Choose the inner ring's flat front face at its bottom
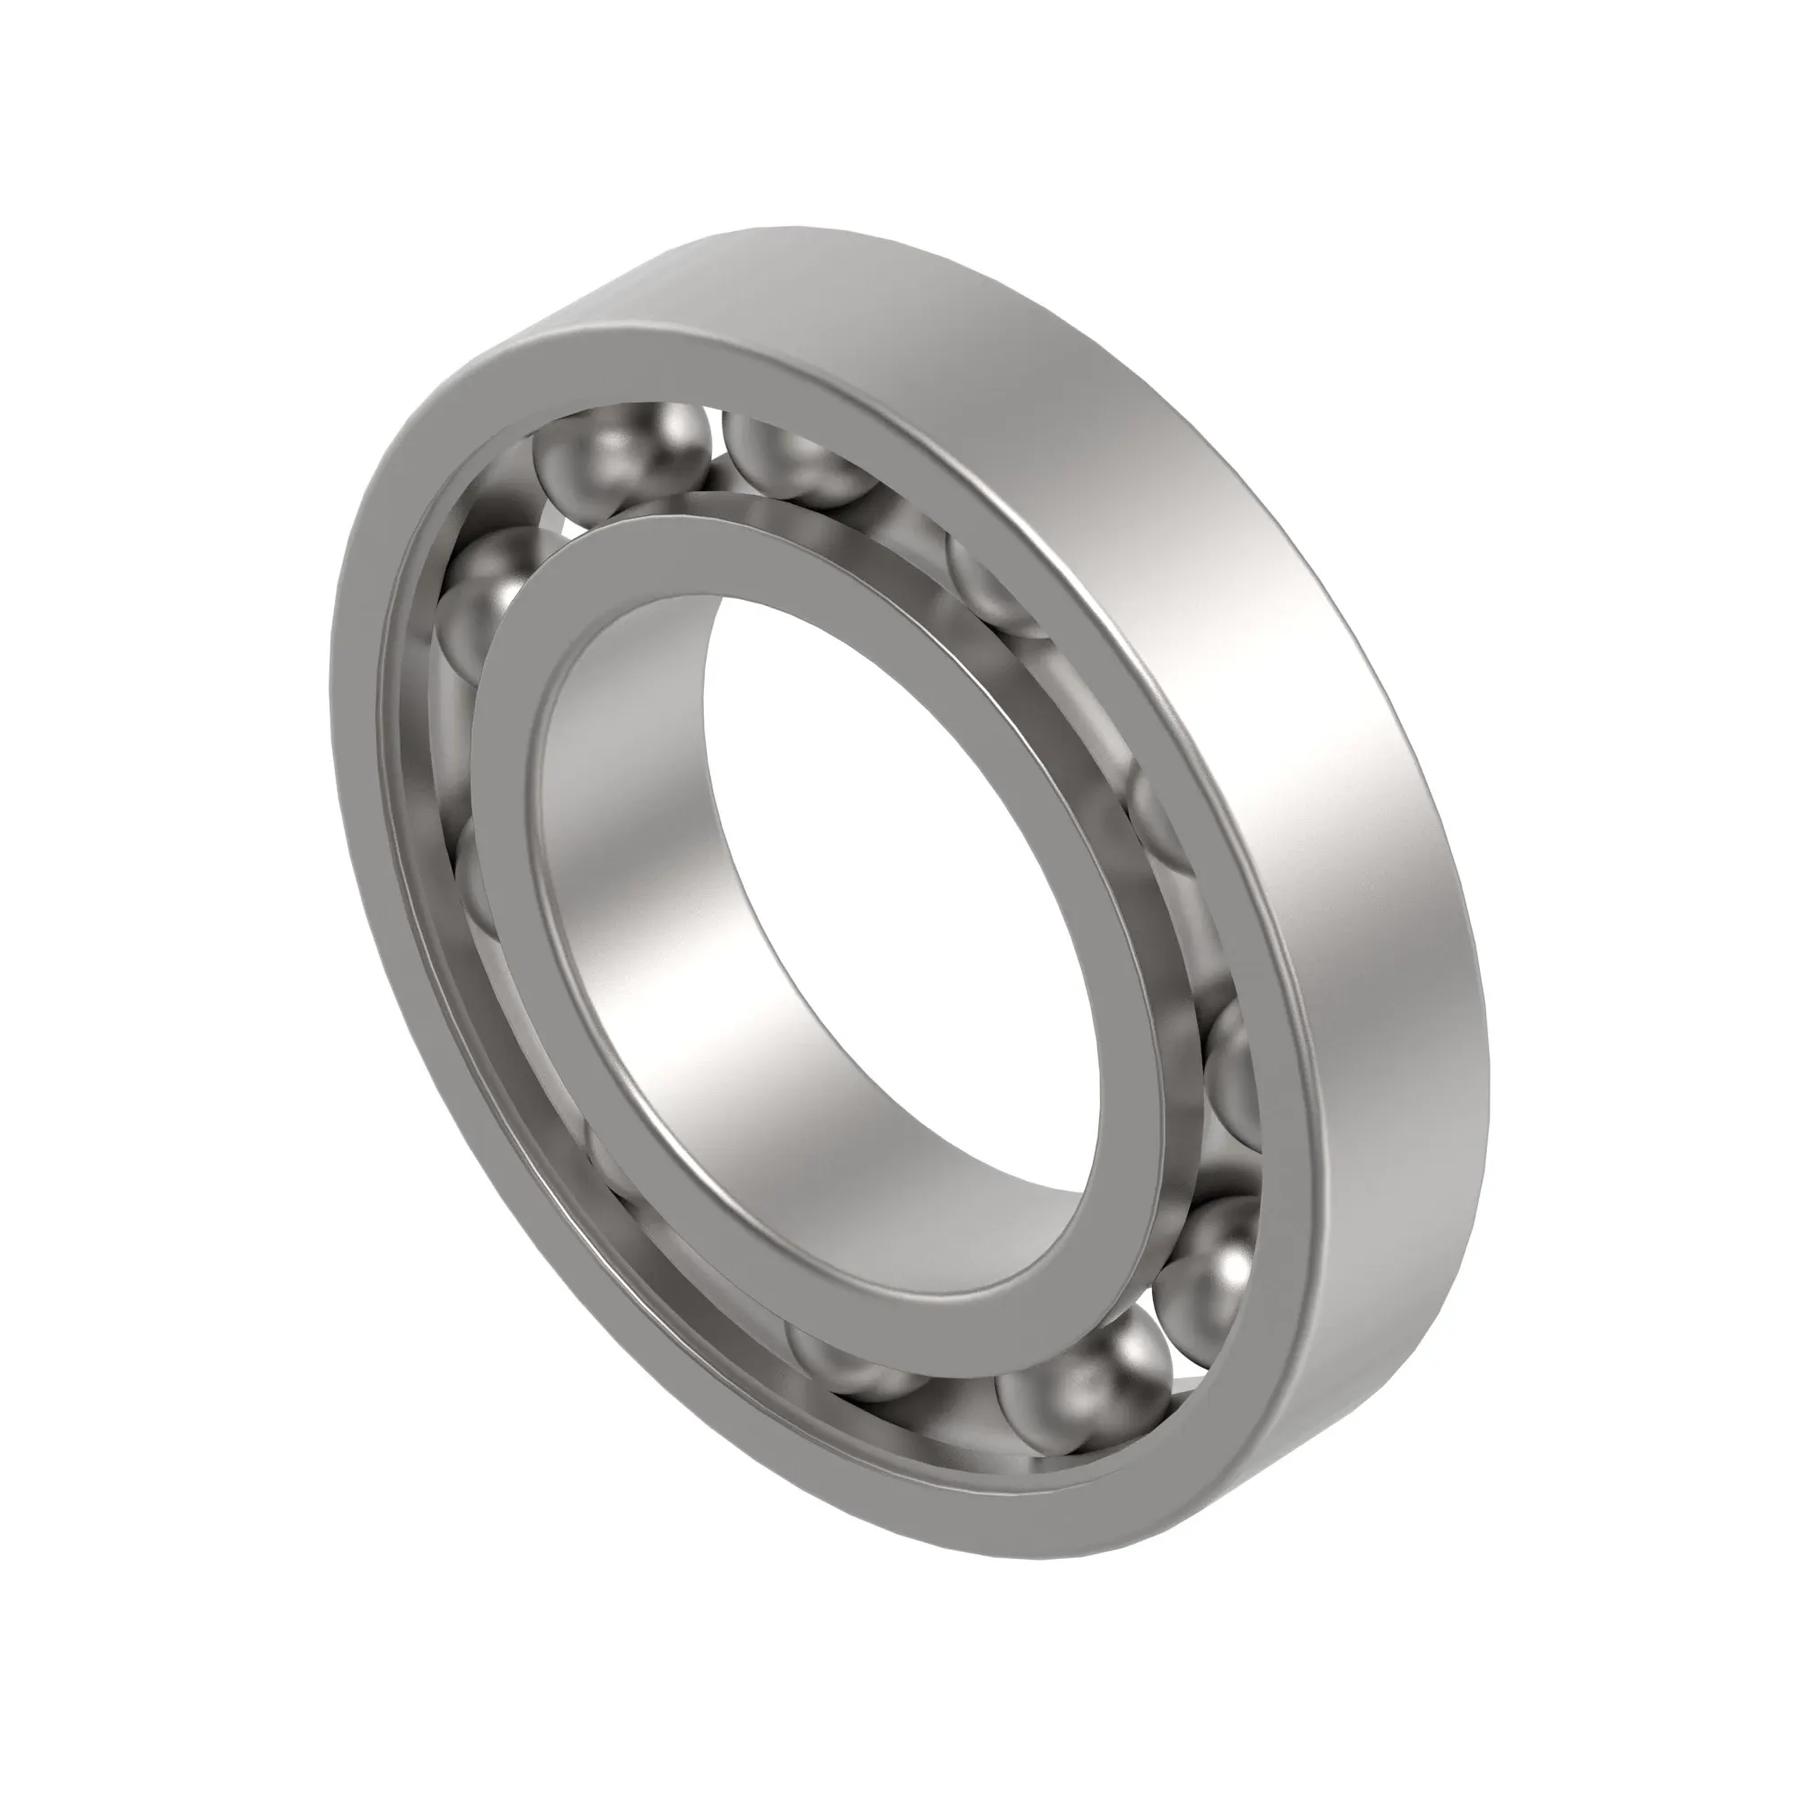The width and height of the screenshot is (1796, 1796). [976, 1325]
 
